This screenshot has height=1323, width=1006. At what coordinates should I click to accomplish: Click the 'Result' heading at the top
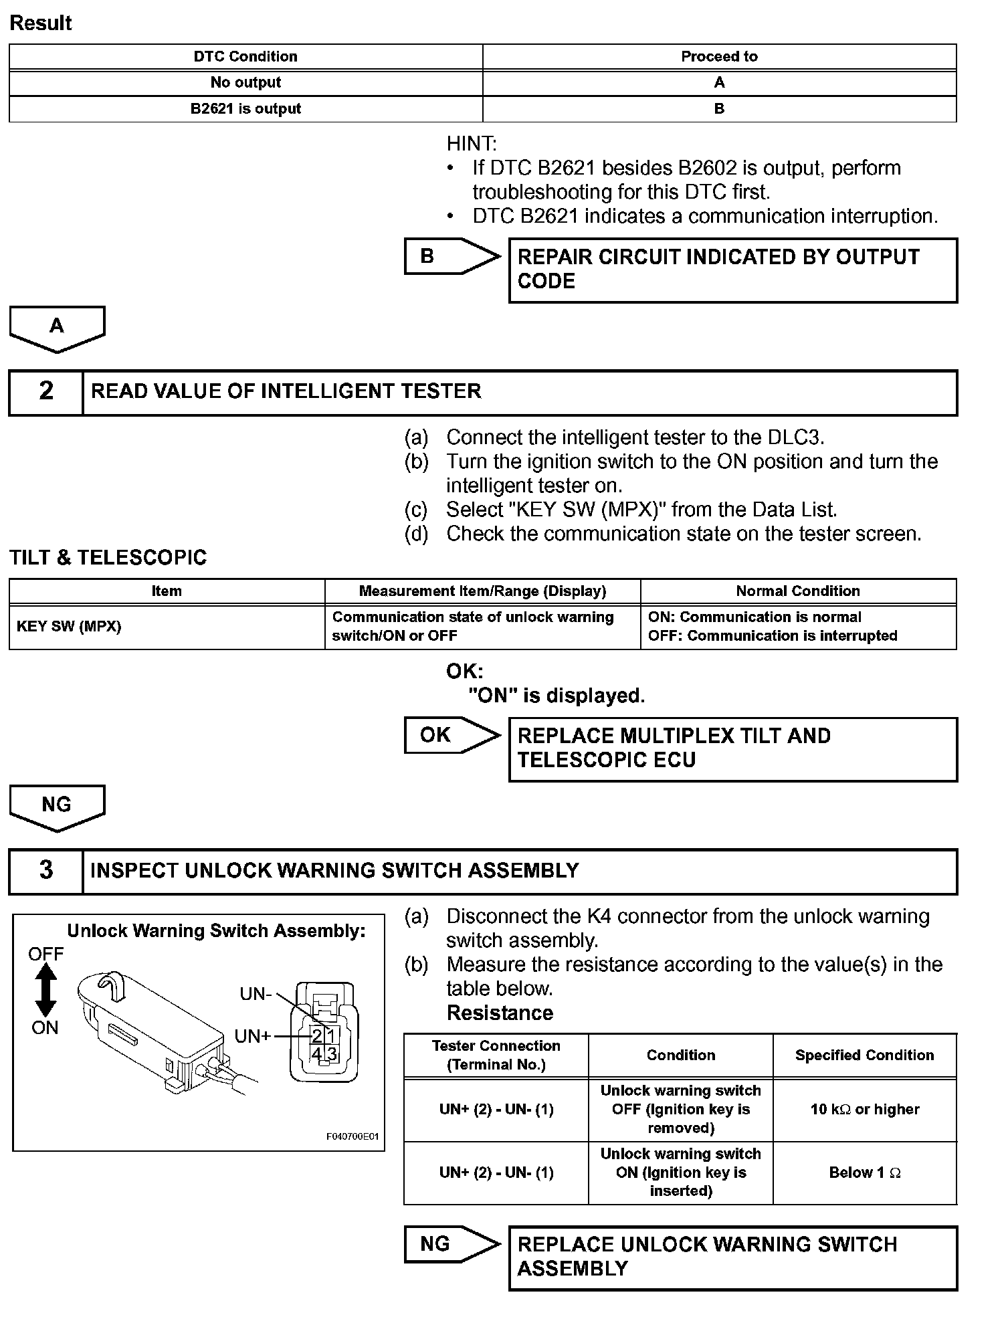click(41, 23)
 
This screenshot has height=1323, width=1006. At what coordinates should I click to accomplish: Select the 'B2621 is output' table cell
click(245, 108)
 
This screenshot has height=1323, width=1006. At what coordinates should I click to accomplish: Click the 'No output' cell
click(245, 82)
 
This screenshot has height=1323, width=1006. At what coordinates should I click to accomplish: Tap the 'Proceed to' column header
click(719, 56)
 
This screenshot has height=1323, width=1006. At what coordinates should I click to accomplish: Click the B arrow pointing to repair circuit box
click(451, 256)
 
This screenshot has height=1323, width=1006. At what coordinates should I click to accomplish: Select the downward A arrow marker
click(57, 328)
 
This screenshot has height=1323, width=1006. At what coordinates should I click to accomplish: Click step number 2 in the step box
click(46, 391)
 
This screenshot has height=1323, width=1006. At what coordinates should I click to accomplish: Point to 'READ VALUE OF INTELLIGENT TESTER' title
click(286, 391)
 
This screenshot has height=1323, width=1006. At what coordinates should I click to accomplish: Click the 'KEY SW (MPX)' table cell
click(69, 627)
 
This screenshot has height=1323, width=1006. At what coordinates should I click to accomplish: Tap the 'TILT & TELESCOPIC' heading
click(108, 557)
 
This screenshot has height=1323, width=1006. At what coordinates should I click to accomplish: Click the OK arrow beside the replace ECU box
click(451, 735)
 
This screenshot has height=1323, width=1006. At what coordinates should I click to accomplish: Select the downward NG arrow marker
click(57, 807)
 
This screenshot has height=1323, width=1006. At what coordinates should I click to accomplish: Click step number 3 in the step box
click(46, 870)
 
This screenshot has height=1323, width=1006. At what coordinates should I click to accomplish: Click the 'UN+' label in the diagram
click(252, 1036)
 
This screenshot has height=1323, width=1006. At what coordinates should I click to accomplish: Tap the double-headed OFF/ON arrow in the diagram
click(45, 991)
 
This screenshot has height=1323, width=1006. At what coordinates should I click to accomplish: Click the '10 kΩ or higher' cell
click(865, 1109)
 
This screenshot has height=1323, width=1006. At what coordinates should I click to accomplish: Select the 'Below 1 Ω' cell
click(865, 1173)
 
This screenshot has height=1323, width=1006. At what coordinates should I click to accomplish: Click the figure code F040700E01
click(353, 1136)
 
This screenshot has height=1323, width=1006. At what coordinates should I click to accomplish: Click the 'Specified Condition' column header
click(865, 1055)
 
